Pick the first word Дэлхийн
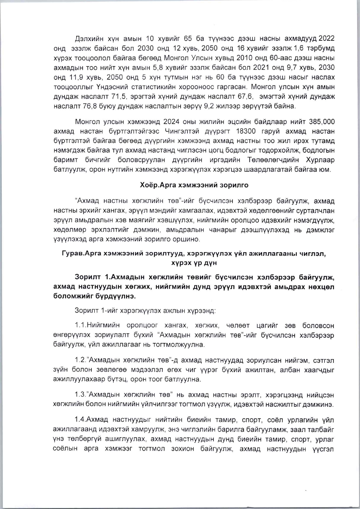(x=88, y=39)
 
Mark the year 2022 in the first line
(x=327, y=39)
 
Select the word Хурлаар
(x=321, y=160)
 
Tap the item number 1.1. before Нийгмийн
(x=81, y=326)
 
